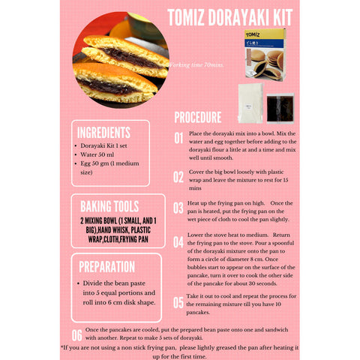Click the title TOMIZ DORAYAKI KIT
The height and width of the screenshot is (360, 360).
pyautogui.click(x=229, y=17)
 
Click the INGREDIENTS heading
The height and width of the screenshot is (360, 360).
pyautogui.click(x=103, y=132)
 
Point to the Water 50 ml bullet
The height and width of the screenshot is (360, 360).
pyautogui.click(x=106, y=154)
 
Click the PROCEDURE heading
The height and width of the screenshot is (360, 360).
pyautogui.click(x=197, y=118)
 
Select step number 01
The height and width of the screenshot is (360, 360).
pyautogui.click(x=178, y=138)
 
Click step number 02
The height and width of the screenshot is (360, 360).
pyautogui.click(x=178, y=177)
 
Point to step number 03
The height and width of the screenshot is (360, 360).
pyautogui.click(x=178, y=209)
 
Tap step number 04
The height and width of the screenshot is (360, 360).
pyautogui.click(x=178, y=242)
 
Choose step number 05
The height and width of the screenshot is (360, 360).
pyautogui.click(x=178, y=302)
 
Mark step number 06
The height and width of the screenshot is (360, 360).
pyautogui.click(x=77, y=334)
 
